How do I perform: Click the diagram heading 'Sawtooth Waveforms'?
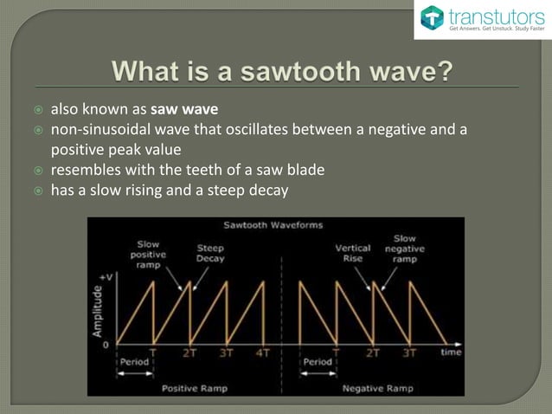coord(273,225)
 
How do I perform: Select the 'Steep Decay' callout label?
coord(211,252)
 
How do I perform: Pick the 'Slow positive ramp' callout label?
coord(149,252)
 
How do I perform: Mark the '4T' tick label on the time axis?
coord(262,353)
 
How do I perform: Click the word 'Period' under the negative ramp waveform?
coord(317,361)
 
